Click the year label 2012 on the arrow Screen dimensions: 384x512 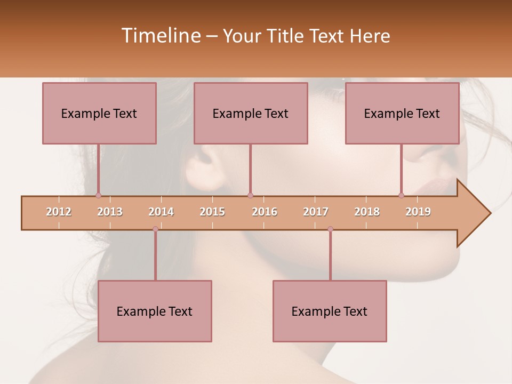point(59,212)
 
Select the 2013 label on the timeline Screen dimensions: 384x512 point(110,212)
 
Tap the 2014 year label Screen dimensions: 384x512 point(161,212)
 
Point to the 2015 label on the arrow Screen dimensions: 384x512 point(212,212)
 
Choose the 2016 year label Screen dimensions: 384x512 point(265,212)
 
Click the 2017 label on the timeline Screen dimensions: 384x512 point(316,212)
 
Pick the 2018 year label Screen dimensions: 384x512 point(367,212)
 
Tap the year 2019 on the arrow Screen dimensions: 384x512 point(418,212)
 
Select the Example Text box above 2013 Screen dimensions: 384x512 point(99,113)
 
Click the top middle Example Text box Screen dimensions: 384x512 point(251,113)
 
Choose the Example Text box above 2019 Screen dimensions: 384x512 point(402,113)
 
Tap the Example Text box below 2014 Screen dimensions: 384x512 point(155,311)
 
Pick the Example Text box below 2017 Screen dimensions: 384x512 point(330,311)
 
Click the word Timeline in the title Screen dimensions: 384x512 point(160,36)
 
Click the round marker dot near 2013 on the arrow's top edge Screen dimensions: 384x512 point(98,195)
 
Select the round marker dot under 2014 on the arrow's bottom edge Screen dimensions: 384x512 point(155,229)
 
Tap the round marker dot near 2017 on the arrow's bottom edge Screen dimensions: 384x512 point(330,229)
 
